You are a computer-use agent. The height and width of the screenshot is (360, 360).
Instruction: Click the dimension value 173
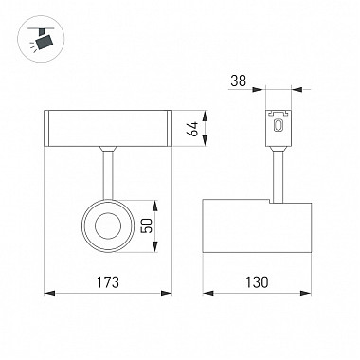(x=108, y=282)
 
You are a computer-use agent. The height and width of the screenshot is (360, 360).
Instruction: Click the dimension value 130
(x=257, y=282)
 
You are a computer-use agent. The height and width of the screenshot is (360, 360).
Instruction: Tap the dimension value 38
(x=238, y=81)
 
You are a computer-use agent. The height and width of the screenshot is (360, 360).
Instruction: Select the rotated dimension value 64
(x=192, y=129)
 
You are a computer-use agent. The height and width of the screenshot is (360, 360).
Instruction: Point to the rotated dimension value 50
(x=147, y=225)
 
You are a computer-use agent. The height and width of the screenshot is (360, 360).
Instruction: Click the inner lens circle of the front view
(x=108, y=226)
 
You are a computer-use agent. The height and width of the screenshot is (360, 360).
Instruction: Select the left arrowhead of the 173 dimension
(x=49, y=293)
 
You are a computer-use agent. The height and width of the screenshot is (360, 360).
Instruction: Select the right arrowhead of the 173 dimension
(x=167, y=293)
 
